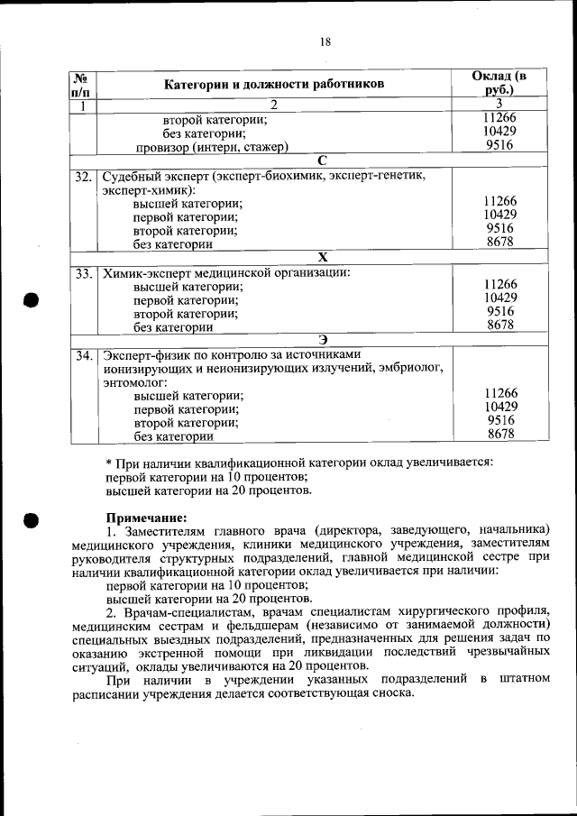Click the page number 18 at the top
(325, 41)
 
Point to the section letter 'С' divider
(322, 160)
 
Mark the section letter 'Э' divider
(322, 340)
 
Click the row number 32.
(84, 176)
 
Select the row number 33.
(84, 272)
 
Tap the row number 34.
(84, 355)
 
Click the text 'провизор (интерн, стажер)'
(212, 147)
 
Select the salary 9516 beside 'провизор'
(499, 145)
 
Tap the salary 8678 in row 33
(499, 325)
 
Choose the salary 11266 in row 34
(499, 393)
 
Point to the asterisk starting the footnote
(109, 463)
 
